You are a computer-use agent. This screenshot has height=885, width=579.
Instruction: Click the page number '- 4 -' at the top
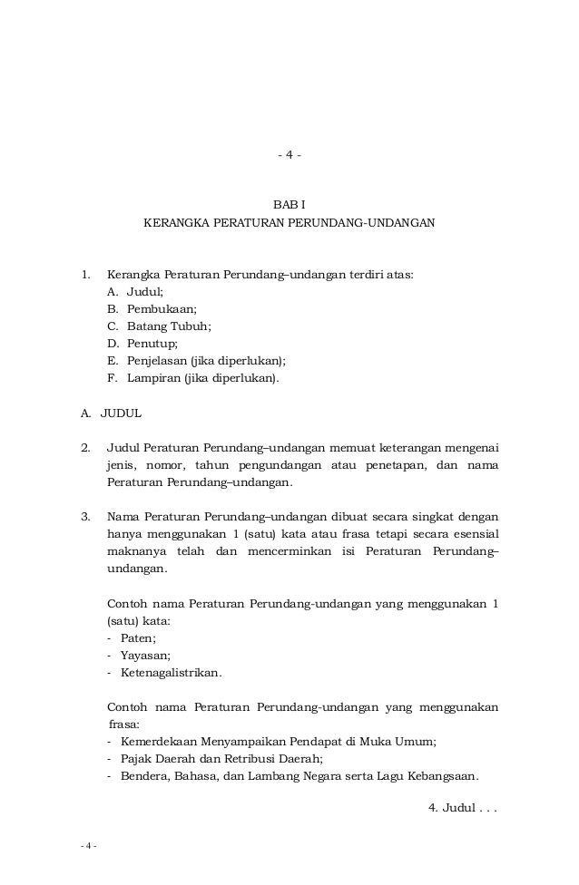coord(289,155)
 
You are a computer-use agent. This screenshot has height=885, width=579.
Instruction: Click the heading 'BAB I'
coord(289,205)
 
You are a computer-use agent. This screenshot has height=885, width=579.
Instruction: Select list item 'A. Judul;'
coord(135,292)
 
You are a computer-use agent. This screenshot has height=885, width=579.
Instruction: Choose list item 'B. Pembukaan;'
coord(151,309)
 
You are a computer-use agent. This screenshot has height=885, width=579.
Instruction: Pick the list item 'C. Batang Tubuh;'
coord(159,326)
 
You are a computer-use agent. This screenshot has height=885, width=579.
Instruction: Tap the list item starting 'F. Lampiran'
coord(192,378)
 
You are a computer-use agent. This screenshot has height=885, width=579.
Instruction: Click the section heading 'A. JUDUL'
coord(111,413)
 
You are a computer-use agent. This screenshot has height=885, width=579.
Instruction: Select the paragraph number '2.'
coord(85,448)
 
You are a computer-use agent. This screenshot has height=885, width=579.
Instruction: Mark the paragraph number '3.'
coord(85,517)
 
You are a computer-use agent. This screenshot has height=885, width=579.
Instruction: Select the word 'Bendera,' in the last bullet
coord(145,776)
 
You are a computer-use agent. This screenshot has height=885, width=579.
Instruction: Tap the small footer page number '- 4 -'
coord(88,847)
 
